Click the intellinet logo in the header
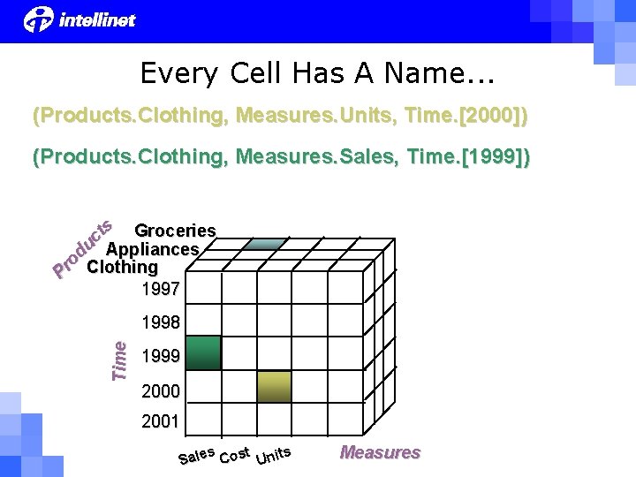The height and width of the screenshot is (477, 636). (x=80, y=19)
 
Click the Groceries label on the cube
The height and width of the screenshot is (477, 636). (x=174, y=231)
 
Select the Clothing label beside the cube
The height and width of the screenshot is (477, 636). (x=122, y=267)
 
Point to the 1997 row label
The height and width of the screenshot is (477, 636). (x=160, y=288)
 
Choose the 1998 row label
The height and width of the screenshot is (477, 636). (x=160, y=322)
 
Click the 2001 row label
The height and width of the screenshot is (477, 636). (x=160, y=422)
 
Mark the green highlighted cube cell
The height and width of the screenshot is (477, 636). (x=203, y=352)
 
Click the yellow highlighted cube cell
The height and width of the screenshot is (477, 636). (x=274, y=387)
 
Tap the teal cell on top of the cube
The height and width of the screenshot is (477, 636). (x=265, y=243)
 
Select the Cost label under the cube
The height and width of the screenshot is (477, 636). (x=234, y=455)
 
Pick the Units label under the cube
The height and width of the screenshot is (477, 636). (x=273, y=455)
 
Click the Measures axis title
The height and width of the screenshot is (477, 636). (x=380, y=452)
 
